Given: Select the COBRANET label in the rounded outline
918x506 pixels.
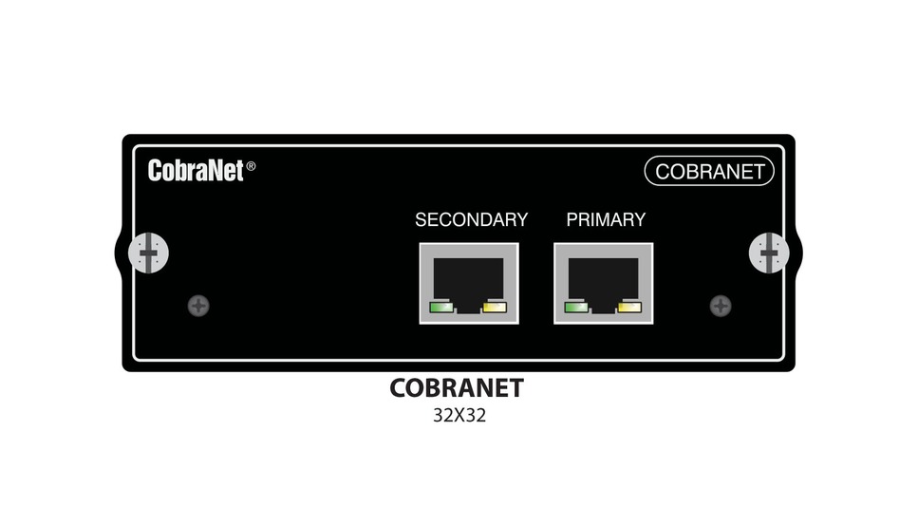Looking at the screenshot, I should (709, 171).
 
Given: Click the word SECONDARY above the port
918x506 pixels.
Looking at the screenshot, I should (471, 220).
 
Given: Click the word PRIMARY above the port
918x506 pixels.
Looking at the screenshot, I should (606, 220).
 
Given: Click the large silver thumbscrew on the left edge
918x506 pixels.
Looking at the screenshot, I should (145, 252).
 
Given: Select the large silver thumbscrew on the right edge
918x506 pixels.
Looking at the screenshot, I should (769, 252).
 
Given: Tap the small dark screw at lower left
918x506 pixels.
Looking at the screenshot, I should (198, 306).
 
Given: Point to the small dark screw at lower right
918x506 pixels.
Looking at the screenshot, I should (721, 306).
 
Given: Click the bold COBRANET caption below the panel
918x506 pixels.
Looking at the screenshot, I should (457, 389).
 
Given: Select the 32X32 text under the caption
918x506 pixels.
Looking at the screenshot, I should (457, 416).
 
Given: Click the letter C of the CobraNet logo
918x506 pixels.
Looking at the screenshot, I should (155, 171).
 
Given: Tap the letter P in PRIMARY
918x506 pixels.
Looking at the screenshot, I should (572, 220).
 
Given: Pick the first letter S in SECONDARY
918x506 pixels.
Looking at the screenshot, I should (421, 220).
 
